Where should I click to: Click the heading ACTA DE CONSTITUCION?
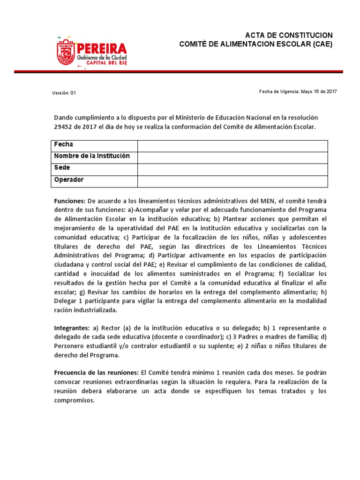pyautogui.click(x=289, y=36)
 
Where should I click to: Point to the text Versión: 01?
pyautogui.click(x=64, y=93)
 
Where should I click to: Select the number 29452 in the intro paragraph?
pyautogui.click(x=65, y=127)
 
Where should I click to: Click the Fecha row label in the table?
pyautogui.click(x=64, y=144)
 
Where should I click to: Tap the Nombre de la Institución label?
pyautogui.click(x=92, y=156)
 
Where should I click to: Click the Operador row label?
pyautogui.click(x=69, y=180)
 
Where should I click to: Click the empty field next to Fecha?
pyautogui.click(x=232, y=145)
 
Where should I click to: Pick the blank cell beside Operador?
pyautogui.click(x=232, y=181)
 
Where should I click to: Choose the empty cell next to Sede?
pyautogui.click(x=232, y=169)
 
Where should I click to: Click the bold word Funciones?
pyautogui.click(x=70, y=201)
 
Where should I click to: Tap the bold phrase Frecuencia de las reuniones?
pyautogui.click(x=96, y=372)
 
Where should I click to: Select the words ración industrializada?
pyautogui.click(x=86, y=310)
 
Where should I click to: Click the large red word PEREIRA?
pyautogui.click(x=102, y=48)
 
